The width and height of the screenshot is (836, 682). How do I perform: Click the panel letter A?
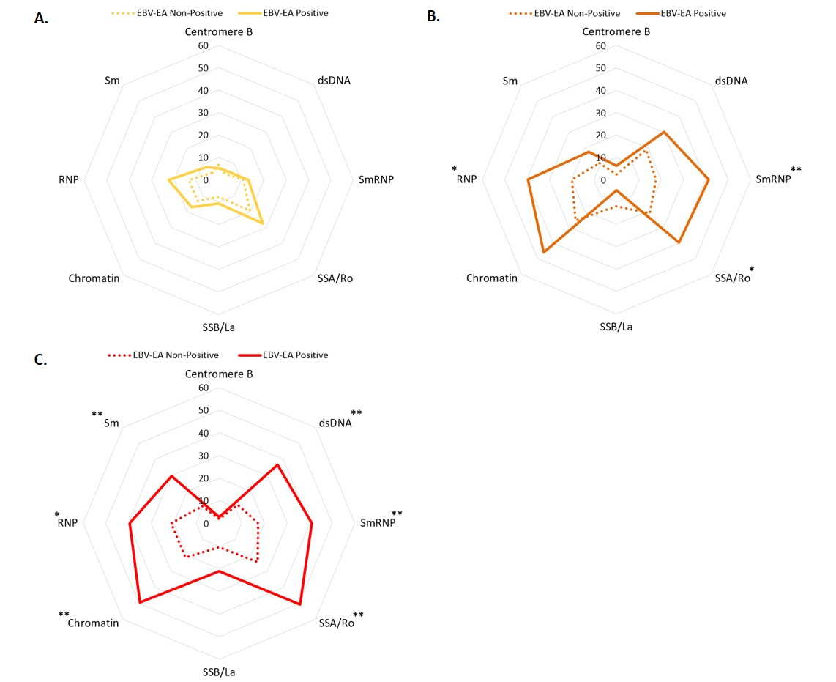tap(41, 19)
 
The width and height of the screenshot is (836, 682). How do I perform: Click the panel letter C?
tap(41, 360)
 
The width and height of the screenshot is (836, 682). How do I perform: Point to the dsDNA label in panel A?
tap(335, 81)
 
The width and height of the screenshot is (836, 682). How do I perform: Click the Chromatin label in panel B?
tap(492, 278)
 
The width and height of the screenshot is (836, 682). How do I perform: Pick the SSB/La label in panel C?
tap(219, 672)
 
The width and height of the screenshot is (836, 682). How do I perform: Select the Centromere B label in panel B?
tap(616, 31)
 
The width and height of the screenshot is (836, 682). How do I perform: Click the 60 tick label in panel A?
tap(203, 46)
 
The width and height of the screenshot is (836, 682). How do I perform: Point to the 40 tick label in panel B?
tap(601, 91)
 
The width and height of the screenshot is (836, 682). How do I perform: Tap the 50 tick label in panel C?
tap(203, 411)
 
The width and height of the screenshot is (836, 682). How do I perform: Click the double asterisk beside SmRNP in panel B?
tap(796, 171)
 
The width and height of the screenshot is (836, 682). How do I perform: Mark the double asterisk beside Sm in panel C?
tap(97, 415)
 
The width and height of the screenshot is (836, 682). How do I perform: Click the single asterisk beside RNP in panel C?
tap(57, 516)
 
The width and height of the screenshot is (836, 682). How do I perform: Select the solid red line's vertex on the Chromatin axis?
tap(139, 603)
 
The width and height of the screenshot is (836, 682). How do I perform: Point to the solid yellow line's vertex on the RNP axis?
tap(168, 179)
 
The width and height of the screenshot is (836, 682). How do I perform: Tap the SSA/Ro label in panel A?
tap(335, 278)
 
